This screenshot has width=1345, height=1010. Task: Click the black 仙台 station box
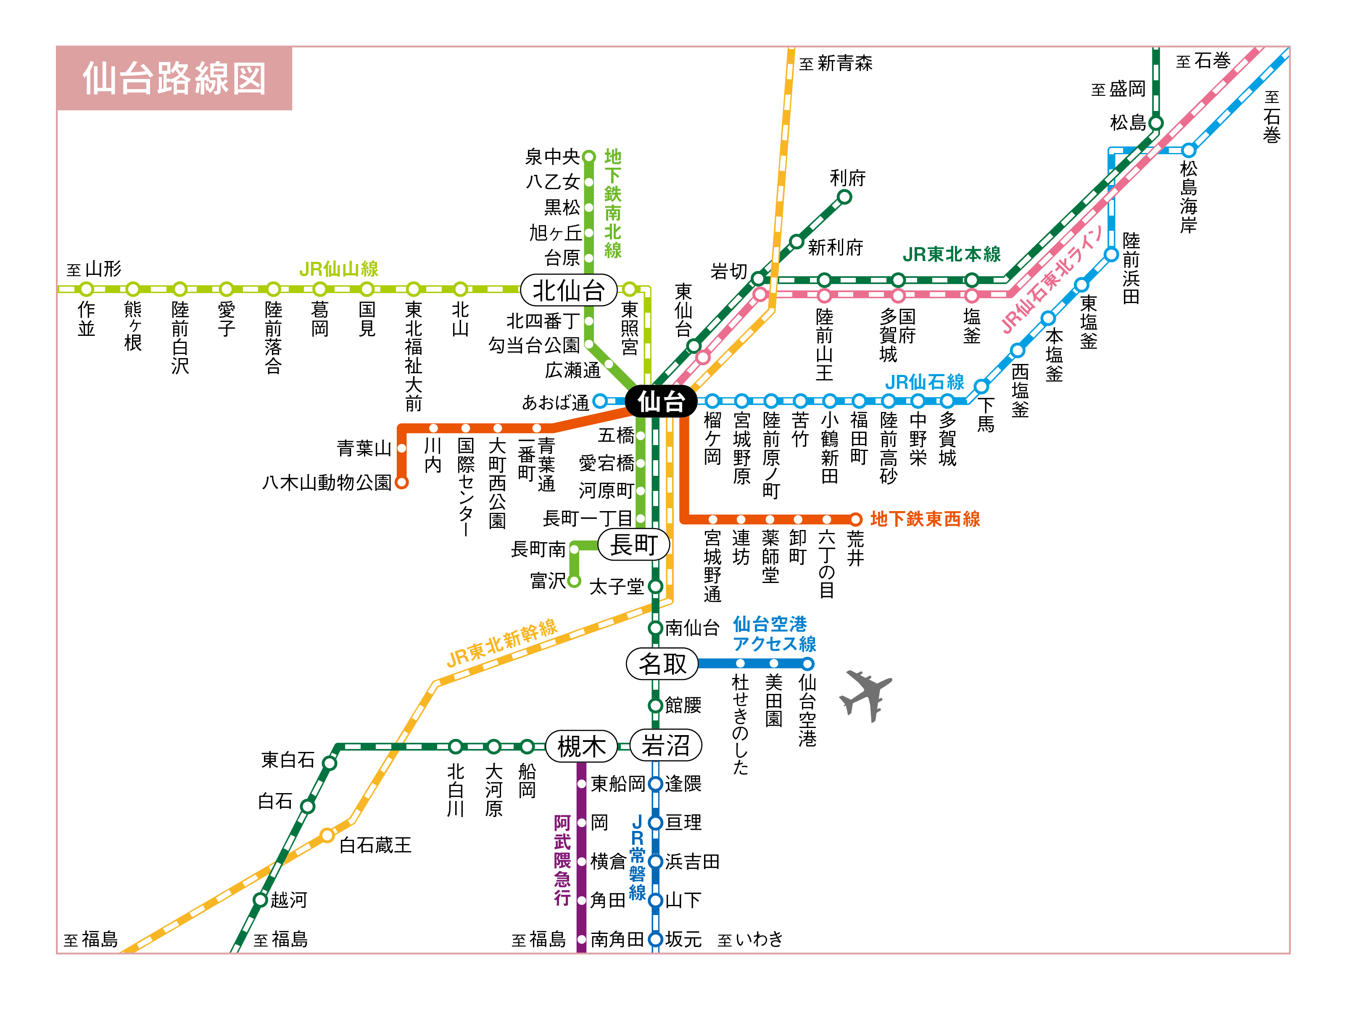(661, 401)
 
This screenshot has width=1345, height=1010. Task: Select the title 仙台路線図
(174, 79)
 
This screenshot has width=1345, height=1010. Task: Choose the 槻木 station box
(581, 746)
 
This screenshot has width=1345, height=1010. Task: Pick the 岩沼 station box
(666, 746)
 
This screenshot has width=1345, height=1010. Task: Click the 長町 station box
(633, 544)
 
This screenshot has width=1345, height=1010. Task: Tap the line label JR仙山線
(339, 269)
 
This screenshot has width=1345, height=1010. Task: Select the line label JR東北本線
(952, 254)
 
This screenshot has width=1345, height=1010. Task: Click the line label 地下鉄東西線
(925, 519)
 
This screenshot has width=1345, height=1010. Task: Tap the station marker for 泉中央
(588, 157)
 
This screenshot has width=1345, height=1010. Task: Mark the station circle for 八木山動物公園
(401, 483)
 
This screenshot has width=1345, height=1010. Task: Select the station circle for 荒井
(855, 519)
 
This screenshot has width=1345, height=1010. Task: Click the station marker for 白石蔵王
(328, 835)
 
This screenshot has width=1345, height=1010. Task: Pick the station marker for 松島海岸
(1189, 150)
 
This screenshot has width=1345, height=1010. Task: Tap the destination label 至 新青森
(836, 63)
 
